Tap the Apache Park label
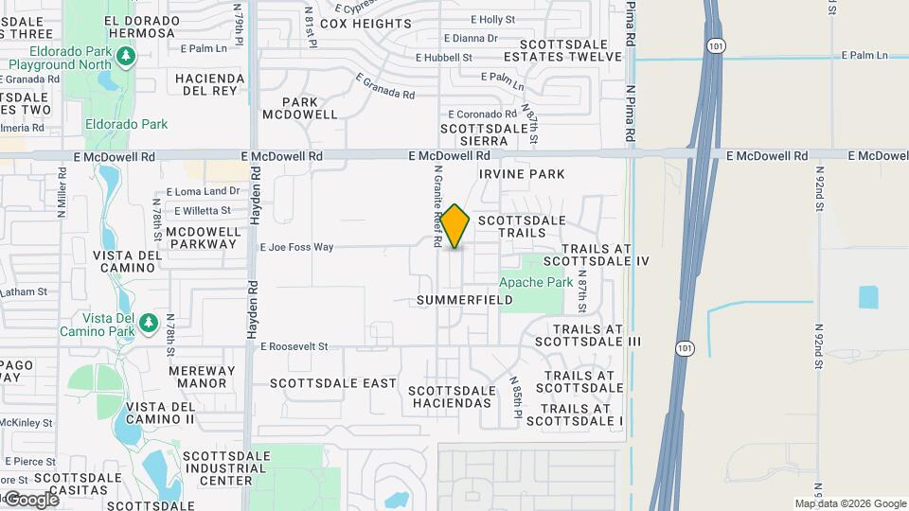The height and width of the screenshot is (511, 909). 536,282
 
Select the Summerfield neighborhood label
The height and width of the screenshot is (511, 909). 465,300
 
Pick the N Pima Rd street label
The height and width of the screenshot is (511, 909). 629,114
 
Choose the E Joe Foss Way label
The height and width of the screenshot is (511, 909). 297,247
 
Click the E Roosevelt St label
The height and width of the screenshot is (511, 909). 294,347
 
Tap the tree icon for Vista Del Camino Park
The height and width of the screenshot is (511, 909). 148,324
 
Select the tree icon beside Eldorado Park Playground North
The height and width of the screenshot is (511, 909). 126,57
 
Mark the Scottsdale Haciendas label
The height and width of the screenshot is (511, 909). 451,396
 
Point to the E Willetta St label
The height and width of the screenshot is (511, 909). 199,210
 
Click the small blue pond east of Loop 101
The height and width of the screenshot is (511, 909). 868,297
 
